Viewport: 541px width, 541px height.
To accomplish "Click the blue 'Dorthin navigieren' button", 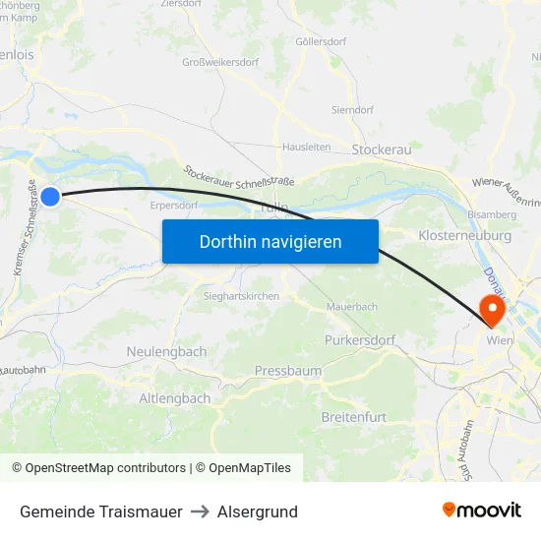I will [270, 241].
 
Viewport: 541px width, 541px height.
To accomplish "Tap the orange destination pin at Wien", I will [489, 310].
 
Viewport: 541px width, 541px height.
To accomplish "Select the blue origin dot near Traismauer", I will [50, 196].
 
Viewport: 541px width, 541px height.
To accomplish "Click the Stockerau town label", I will [381, 150].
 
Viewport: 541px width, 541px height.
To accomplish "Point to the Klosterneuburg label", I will [464, 236].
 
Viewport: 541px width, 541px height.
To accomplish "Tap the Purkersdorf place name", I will [359, 340].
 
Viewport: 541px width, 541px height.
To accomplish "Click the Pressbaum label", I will [287, 371].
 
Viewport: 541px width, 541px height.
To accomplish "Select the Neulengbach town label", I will [166, 351].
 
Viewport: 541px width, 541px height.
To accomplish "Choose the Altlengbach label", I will [175, 398].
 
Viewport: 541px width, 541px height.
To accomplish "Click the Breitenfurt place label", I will [353, 417].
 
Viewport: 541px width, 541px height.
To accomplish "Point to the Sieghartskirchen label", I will [241, 296].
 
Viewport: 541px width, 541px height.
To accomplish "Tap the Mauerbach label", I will [351, 307].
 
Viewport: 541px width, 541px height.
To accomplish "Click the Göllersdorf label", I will [325, 42].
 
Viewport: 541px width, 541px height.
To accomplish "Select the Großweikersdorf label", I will [220, 62].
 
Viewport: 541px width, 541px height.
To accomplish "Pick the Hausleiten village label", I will [306, 147].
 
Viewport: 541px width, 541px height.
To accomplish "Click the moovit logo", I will [481, 511].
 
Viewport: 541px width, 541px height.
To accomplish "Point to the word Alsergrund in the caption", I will [257, 511].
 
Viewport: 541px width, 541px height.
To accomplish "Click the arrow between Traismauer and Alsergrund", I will [200, 511].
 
